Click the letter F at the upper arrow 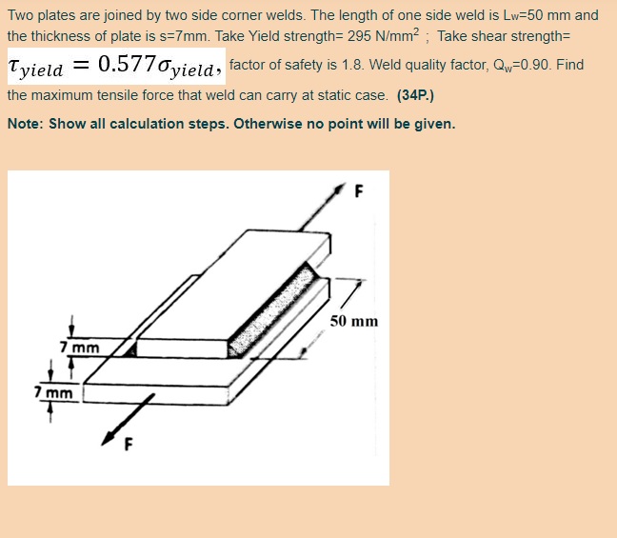(359, 191)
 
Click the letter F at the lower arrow (129, 445)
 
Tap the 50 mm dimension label (354, 321)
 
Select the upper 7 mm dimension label (80, 348)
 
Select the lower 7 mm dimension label (53, 392)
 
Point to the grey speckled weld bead (273, 310)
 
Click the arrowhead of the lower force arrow (109, 438)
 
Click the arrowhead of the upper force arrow (339, 189)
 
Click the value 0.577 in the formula (127, 64)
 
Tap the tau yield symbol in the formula (35, 67)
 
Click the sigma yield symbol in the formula (185, 67)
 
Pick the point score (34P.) (415, 95)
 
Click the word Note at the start (23, 124)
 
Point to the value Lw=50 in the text (526, 15)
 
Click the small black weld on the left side (130, 349)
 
